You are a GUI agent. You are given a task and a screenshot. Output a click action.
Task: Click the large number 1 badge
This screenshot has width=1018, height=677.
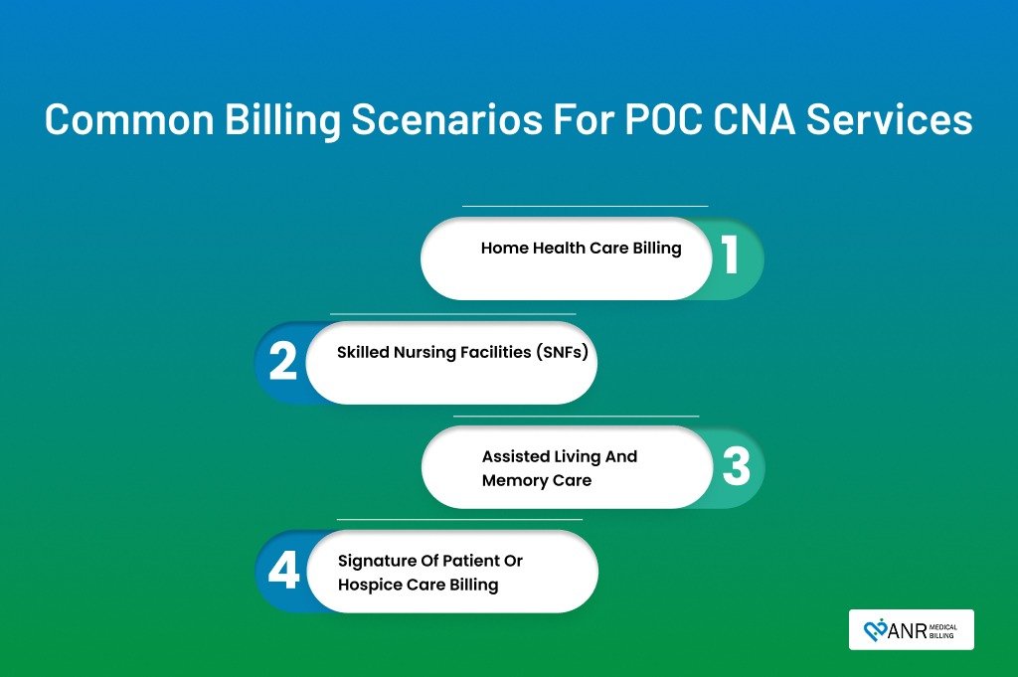(731, 254)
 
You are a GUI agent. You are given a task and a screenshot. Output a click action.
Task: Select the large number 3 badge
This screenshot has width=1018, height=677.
(737, 465)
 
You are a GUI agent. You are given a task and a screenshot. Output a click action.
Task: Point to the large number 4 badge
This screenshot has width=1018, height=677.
(283, 570)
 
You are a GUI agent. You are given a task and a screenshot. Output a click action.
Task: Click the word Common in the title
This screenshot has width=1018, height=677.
(129, 119)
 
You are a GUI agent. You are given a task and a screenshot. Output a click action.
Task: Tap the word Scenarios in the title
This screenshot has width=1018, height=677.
(446, 119)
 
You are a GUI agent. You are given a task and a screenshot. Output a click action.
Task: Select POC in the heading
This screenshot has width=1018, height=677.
(663, 119)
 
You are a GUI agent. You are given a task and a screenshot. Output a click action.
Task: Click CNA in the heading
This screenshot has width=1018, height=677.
(755, 119)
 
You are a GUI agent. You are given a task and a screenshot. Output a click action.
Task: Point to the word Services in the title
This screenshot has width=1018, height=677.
(890, 119)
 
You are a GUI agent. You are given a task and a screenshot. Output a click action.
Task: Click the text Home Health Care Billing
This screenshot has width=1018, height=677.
(581, 248)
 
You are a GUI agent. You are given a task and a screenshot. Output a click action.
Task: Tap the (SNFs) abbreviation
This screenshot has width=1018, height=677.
(562, 353)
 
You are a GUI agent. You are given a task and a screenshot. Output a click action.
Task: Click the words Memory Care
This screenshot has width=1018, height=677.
(536, 480)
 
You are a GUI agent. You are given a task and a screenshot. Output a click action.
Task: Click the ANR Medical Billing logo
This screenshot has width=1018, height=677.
(911, 629)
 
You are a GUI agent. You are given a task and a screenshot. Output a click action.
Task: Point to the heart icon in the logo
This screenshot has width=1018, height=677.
(875, 630)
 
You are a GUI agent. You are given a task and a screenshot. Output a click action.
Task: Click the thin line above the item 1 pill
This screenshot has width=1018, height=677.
(585, 206)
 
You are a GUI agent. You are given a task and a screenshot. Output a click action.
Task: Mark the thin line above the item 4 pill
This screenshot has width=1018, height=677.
(459, 519)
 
